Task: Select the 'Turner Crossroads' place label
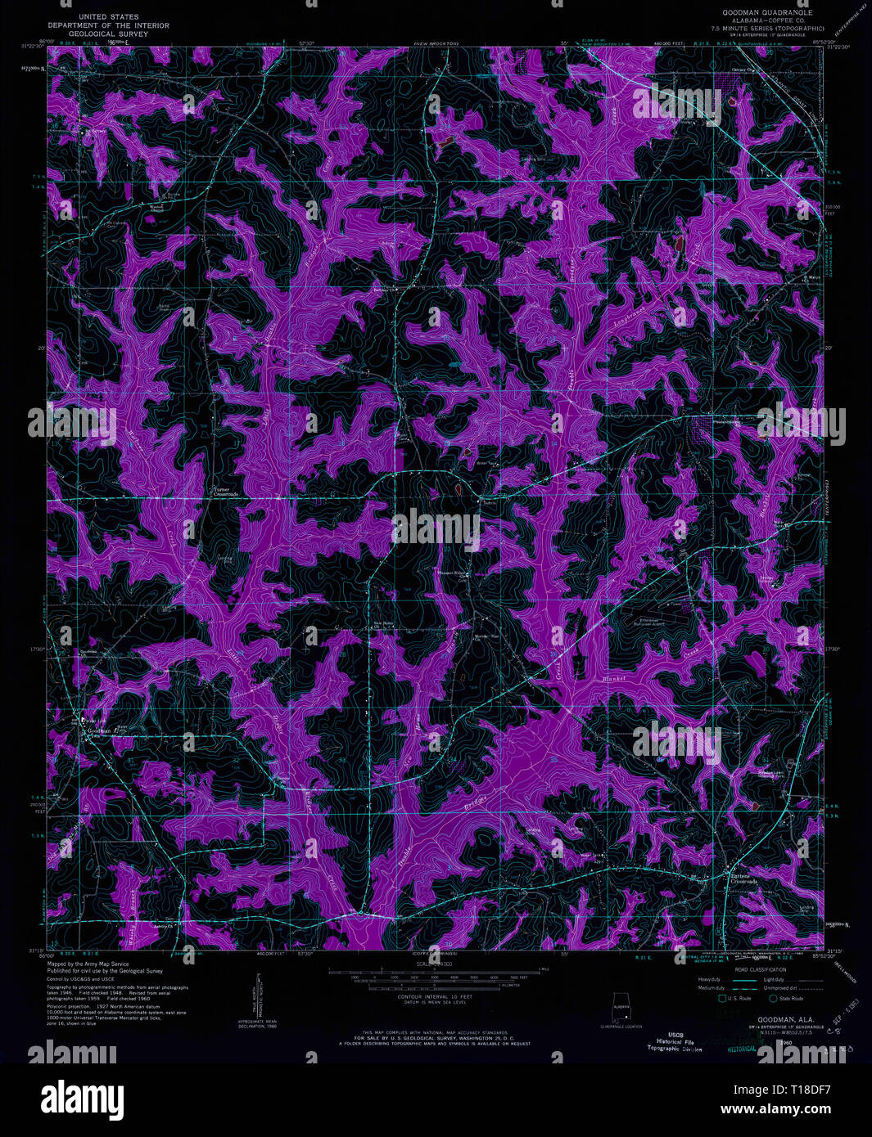[226, 492]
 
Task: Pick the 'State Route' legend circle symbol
[772, 998]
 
